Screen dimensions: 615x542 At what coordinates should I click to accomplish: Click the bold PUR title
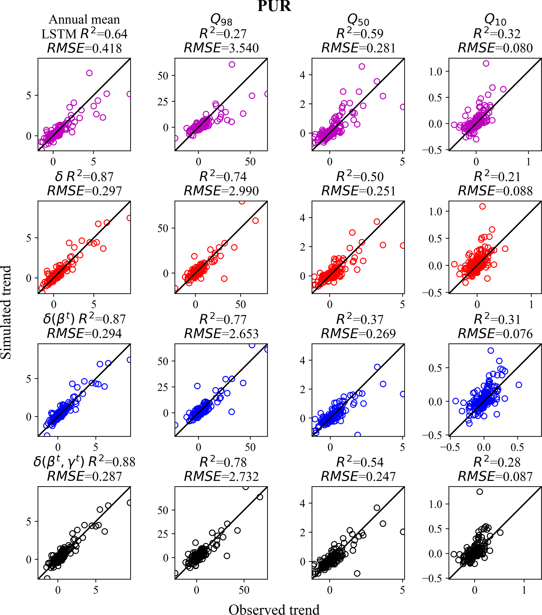tap(274, 6)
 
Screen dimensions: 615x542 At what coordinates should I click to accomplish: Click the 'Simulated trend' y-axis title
tap(6, 312)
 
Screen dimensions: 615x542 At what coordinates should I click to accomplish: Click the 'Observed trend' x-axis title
tap(274, 609)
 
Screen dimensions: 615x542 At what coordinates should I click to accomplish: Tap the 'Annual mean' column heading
tap(84, 20)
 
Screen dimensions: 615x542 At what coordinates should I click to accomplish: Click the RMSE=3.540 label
tap(221, 48)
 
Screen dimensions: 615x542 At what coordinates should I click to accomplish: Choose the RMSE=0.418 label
tap(84, 48)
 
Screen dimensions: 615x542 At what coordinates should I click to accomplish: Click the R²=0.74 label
tap(223, 177)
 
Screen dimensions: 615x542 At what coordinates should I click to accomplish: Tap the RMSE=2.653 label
tap(221, 334)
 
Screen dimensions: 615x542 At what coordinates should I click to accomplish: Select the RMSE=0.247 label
tap(358, 476)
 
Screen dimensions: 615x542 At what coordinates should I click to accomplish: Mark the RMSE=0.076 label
tap(495, 334)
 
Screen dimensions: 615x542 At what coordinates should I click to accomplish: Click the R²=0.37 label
tap(360, 320)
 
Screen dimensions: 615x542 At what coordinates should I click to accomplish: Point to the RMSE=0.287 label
tap(84, 476)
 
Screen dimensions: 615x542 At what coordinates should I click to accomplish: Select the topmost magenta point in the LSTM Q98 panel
tap(232, 64)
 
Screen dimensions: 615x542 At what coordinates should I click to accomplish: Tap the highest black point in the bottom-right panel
tap(480, 492)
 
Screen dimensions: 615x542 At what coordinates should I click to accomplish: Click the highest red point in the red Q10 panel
tap(482, 206)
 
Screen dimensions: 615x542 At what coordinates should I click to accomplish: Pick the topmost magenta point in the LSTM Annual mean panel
tap(89, 73)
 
